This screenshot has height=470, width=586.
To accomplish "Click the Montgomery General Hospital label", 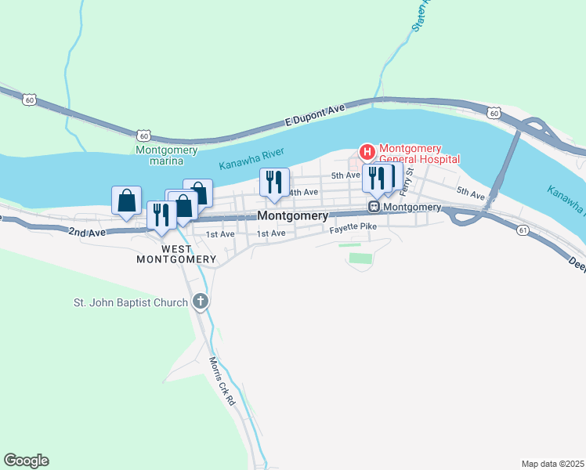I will click(x=418, y=154).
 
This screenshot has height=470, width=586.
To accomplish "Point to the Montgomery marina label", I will click(x=167, y=155).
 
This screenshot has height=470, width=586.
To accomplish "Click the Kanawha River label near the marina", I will click(x=251, y=158).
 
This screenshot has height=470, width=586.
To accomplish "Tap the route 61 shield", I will click(x=523, y=229).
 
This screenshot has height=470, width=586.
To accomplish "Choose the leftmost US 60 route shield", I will click(x=29, y=99).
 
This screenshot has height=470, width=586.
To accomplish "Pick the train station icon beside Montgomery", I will click(x=375, y=207).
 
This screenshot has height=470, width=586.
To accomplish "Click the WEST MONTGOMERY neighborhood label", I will click(x=176, y=254).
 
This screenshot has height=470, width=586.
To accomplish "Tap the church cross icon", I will click(x=200, y=302).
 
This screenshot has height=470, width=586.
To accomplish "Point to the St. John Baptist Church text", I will click(x=131, y=302).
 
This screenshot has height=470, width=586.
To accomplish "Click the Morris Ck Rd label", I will click(x=222, y=381).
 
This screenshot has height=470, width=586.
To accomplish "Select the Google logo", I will click(x=26, y=461).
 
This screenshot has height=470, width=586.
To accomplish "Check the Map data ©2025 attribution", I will click(x=552, y=463).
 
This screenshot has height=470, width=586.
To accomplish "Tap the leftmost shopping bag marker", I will click(x=127, y=201).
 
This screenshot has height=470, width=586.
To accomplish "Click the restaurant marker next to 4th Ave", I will click(x=274, y=183).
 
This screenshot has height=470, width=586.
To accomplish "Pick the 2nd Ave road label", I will click(x=86, y=233).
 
